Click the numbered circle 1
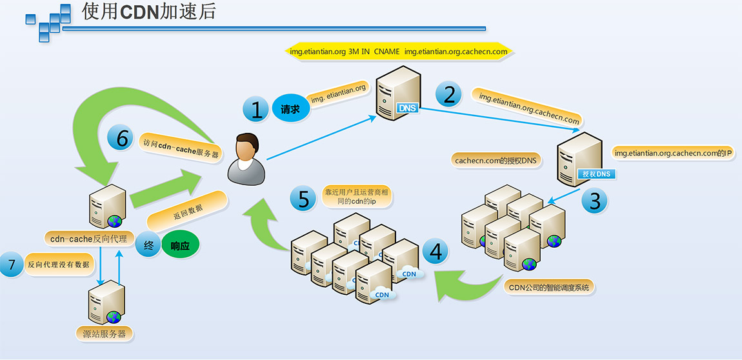point(256,110)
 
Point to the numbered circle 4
point(436,252)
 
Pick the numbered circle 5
point(303,197)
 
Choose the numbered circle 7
point(11,265)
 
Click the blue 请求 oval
point(290,110)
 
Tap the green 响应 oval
point(180,246)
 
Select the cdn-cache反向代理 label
point(90,239)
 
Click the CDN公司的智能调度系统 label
point(548,287)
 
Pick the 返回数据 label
point(187,211)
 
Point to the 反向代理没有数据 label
point(58,265)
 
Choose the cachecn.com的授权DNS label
point(496,160)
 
